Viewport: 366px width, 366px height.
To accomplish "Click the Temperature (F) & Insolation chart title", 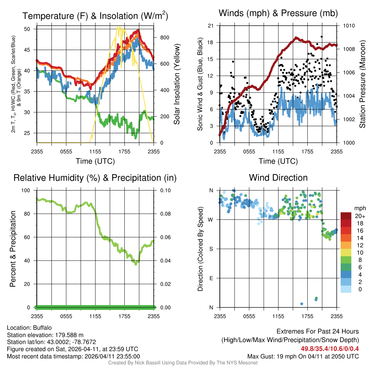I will [x=95, y=16].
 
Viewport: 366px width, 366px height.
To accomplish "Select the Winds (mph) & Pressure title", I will [x=278, y=13].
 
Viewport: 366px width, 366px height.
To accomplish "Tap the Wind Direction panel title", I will [x=278, y=178].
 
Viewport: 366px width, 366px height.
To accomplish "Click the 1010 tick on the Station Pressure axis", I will [x=349, y=26].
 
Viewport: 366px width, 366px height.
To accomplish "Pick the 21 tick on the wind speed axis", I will [x=211, y=26].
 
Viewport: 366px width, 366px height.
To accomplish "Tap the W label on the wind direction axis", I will [x=211, y=219].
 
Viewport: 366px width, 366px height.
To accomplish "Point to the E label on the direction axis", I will [x=211, y=278].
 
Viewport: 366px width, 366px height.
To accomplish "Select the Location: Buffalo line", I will [x=29, y=328].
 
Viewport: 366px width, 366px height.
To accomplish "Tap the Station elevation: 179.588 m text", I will [x=45, y=335].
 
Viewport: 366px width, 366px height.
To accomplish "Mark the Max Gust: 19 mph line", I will [x=303, y=356].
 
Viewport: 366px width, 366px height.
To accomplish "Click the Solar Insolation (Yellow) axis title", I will [x=177, y=84].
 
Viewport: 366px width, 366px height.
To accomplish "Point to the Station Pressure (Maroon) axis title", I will [x=362, y=84].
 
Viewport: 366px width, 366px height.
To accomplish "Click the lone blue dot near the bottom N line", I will [x=302, y=304].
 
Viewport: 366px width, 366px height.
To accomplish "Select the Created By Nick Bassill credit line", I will [x=183, y=363].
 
